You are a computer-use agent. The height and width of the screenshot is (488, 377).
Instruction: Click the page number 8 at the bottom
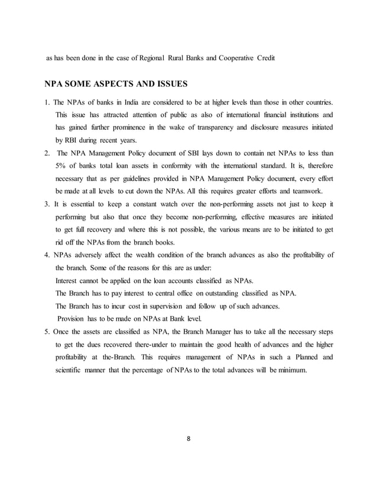pos(188,439)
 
